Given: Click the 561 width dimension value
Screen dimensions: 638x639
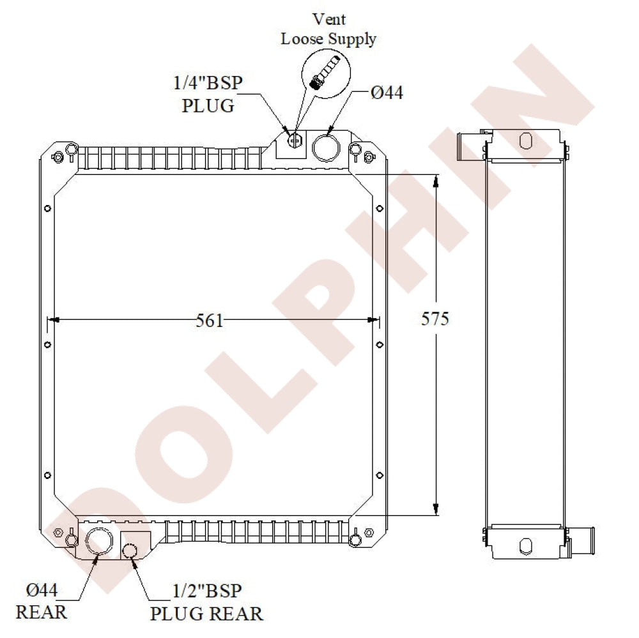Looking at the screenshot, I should [x=210, y=320].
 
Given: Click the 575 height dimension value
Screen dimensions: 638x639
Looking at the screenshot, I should [x=435, y=319].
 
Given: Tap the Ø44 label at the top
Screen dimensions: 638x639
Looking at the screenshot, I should [x=387, y=93].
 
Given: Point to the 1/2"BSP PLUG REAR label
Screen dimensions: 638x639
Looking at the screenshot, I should [x=206, y=602].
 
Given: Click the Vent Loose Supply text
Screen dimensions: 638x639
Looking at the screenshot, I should [x=328, y=29].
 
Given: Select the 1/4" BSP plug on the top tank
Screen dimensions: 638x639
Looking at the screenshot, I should [x=295, y=141].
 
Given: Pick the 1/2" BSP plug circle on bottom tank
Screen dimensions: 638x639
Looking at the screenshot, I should [x=130, y=550].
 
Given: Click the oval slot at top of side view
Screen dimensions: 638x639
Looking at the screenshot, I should [x=525, y=141].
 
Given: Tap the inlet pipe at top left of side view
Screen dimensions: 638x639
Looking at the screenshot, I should [x=470, y=147].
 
